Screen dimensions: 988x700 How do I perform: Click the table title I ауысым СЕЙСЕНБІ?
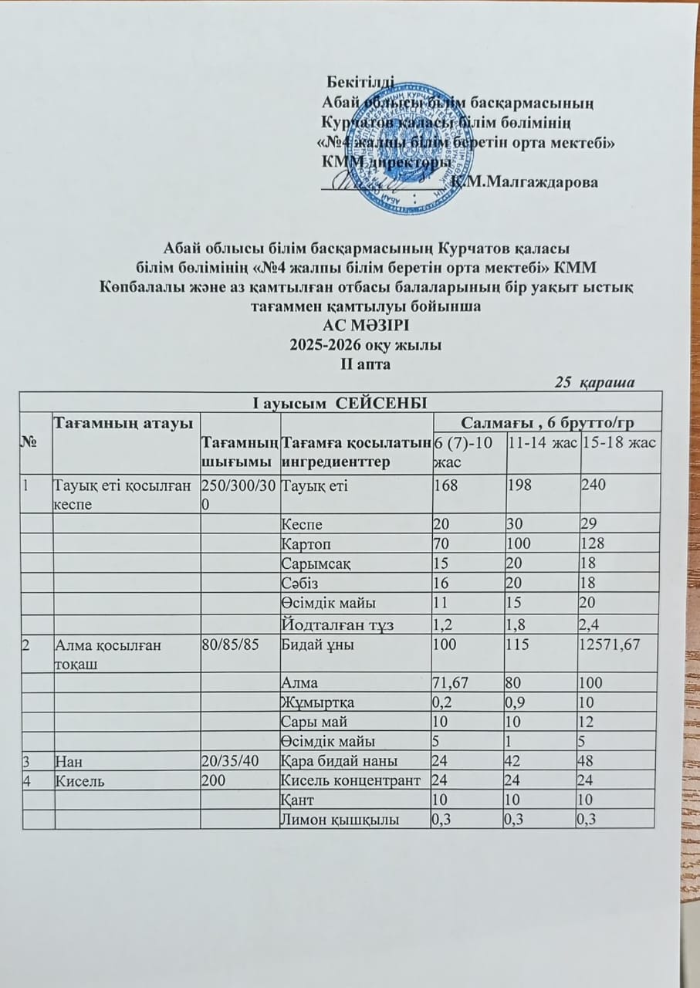tap(340, 401)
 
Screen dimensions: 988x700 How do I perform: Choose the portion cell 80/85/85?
tap(229, 645)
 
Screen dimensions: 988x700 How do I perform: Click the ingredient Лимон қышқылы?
tap(340, 821)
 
